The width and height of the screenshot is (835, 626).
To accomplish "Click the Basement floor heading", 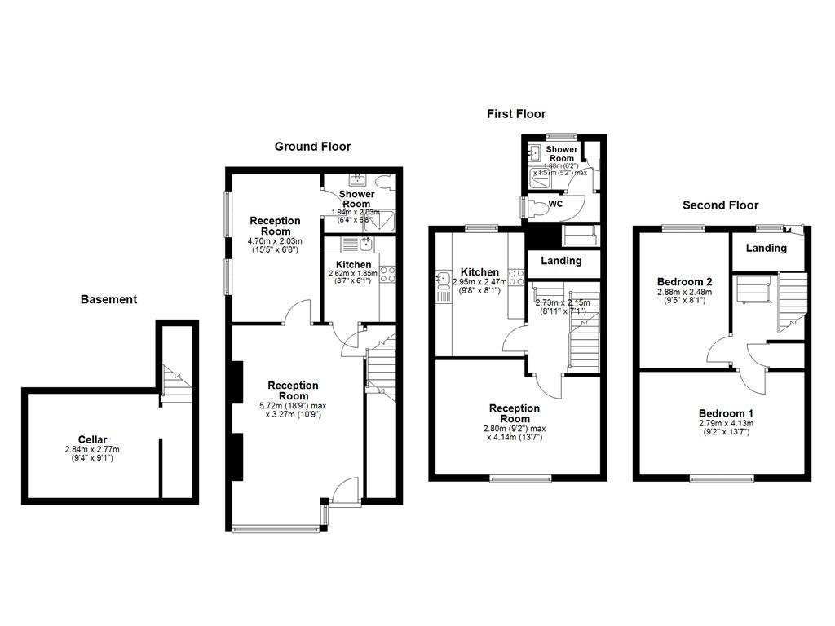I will click(x=108, y=300).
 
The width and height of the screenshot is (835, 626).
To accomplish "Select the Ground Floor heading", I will click(x=312, y=147).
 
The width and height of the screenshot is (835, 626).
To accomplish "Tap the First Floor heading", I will click(x=516, y=114).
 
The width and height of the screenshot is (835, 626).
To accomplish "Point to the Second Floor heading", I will click(x=720, y=205).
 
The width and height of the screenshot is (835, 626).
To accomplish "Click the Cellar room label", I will click(x=92, y=439).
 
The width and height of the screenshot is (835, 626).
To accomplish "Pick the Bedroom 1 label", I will click(x=726, y=413).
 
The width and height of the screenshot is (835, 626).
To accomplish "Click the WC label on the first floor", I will click(x=556, y=204).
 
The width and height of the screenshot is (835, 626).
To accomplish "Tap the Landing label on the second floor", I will click(x=767, y=248).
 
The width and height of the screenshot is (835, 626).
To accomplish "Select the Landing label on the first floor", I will click(x=562, y=261).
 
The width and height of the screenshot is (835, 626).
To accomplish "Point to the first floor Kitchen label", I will click(x=479, y=272).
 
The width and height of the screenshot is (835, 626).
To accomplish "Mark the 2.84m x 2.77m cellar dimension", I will click(x=92, y=449).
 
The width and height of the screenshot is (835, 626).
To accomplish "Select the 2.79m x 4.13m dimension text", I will click(x=726, y=423).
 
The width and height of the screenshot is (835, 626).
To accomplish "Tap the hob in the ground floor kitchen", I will click(x=388, y=275).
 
